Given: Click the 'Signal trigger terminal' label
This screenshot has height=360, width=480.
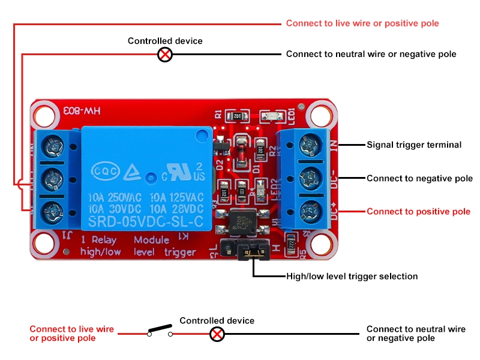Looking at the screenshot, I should tap(414, 145).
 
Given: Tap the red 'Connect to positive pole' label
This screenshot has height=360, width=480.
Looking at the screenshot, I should tap(418, 211).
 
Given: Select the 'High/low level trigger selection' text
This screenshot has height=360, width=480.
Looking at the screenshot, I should tap(352, 277).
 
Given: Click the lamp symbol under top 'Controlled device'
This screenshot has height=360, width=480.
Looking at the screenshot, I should tap(165, 55).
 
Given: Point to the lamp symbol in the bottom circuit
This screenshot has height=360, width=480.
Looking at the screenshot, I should tap(217, 334).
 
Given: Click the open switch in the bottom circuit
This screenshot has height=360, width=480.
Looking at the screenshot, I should tap(160, 331).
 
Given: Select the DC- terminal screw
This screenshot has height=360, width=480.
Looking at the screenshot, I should tap(310, 178).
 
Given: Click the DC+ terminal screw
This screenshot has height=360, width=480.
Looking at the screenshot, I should tap(310, 211).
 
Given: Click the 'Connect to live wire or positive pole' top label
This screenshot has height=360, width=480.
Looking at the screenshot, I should tap(362, 23).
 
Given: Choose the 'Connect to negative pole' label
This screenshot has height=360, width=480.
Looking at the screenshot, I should tap(419, 178).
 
